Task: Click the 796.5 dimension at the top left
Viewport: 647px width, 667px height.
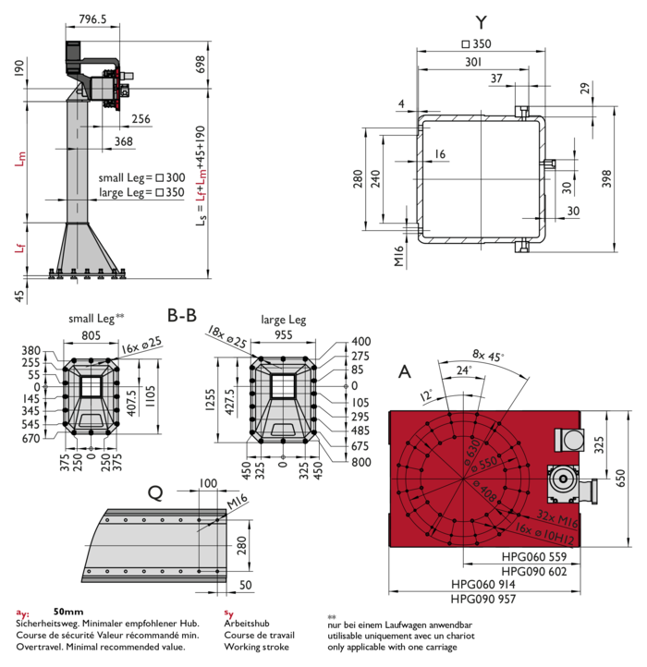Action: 92,19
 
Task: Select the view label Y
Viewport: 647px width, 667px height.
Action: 481,22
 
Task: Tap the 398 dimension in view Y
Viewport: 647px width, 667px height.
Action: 606,178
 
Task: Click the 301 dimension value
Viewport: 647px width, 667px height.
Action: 473,62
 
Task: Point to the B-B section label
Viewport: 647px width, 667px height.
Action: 182,316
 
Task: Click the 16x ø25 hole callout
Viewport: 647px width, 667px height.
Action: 141,345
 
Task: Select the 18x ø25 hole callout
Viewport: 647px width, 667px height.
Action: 226,337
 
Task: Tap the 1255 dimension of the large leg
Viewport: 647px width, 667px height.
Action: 211,400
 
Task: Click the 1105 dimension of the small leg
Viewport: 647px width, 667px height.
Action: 151,396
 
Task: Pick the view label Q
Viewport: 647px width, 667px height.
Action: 155,493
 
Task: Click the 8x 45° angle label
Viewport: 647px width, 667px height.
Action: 488,355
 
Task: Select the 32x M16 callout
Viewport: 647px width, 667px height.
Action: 557,518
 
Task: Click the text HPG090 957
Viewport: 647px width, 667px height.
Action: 483,599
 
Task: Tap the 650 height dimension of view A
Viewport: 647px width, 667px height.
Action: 620,478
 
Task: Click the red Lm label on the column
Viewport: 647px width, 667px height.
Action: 20,159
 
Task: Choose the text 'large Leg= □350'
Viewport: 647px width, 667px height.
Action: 141,192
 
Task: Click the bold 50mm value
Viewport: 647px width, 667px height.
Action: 68,612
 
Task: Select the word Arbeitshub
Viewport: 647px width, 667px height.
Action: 247,624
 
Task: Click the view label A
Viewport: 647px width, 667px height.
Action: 405,371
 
